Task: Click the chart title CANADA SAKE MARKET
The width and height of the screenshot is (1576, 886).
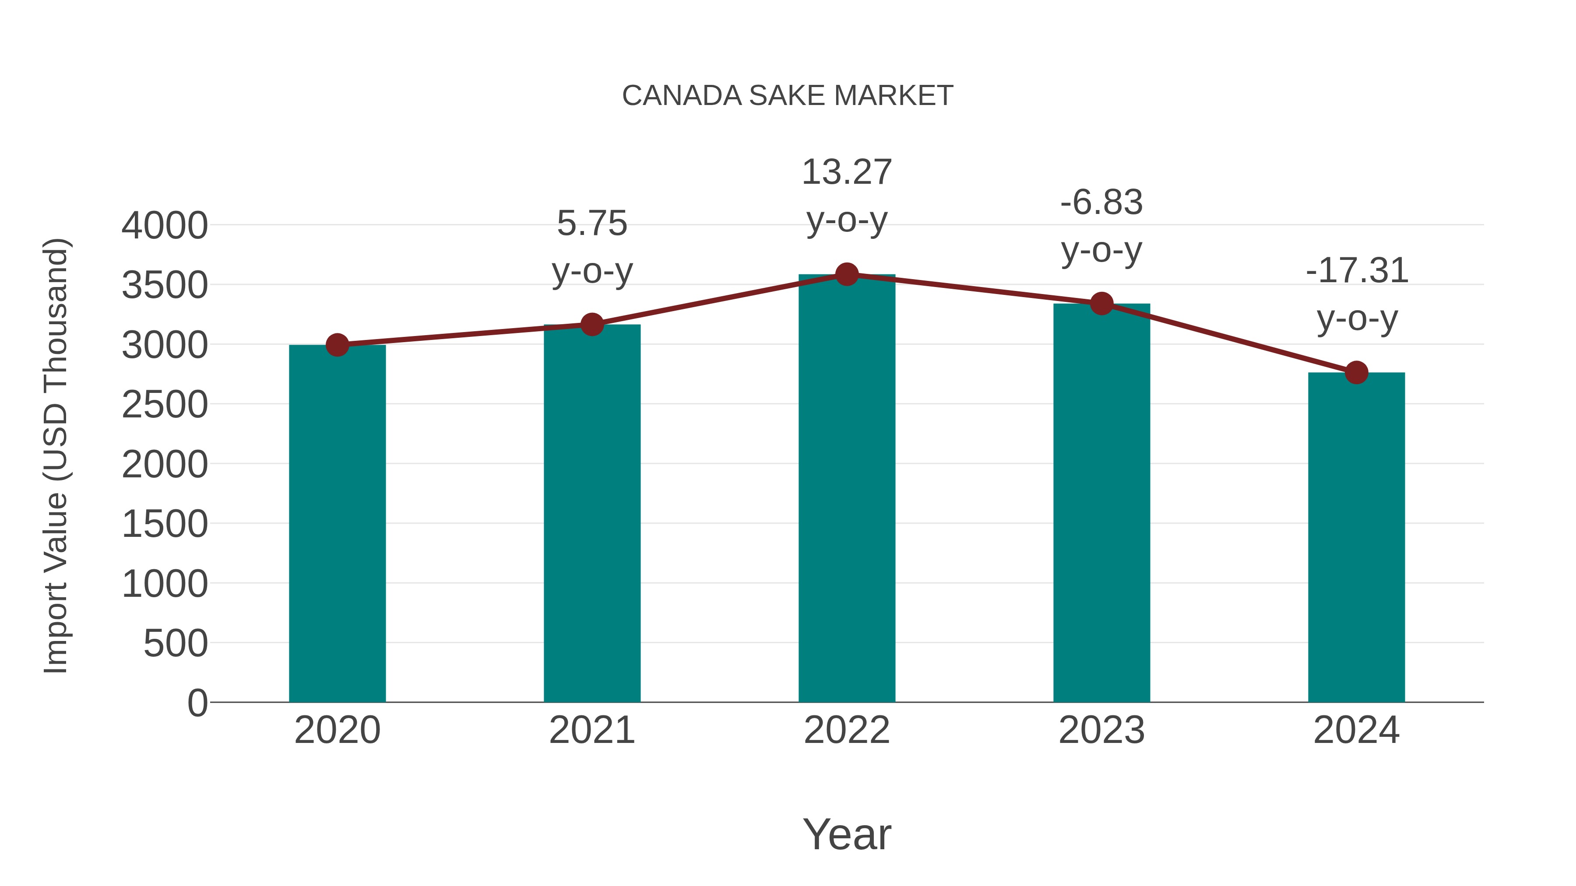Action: [788, 96]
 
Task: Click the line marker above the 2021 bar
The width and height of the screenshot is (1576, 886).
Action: [591, 325]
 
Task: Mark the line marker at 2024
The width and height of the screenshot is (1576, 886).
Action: [1356, 372]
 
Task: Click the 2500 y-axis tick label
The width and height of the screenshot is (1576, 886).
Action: [165, 404]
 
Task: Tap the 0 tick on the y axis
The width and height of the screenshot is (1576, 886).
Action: [197, 703]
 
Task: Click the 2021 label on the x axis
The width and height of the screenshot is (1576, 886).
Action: [591, 730]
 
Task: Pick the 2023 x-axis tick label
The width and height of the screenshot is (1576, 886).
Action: [1101, 730]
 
